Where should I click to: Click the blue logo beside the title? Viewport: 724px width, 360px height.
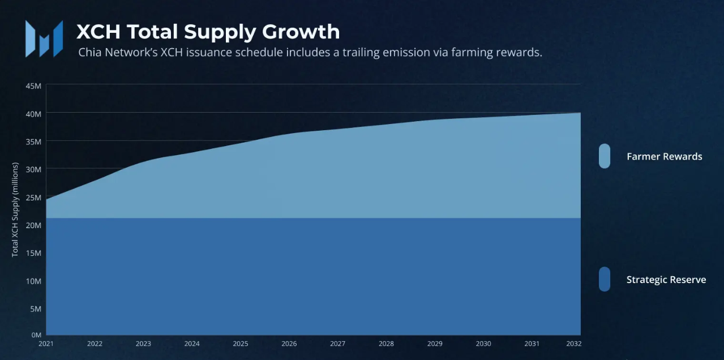tap(44, 38)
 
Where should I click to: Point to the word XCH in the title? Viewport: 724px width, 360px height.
tap(99, 32)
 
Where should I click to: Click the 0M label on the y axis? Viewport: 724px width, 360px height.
tap(36, 335)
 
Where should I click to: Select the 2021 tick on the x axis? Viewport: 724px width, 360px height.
tap(46, 344)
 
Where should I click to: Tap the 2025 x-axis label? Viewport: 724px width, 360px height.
tap(241, 344)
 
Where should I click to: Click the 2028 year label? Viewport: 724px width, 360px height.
tap(387, 344)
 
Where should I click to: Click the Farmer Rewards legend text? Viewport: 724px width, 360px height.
tap(664, 157)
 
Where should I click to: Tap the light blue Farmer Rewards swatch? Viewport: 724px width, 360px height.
tap(604, 156)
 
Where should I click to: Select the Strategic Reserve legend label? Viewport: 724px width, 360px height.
tap(666, 280)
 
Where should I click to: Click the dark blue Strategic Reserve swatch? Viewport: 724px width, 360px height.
tap(604, 279)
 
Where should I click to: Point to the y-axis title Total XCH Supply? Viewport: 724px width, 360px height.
tap(15, 210)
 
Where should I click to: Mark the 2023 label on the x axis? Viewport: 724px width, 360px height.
tap(143, 344)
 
